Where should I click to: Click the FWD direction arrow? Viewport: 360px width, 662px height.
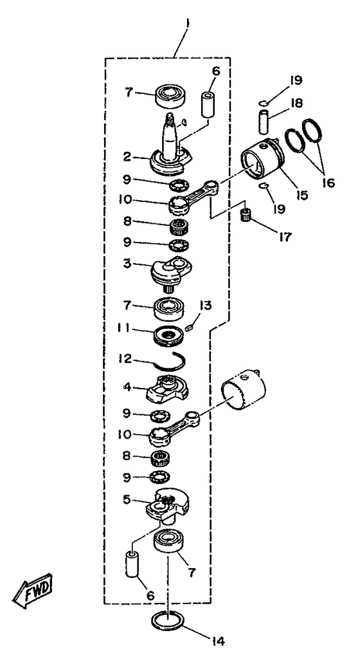pos(33,590)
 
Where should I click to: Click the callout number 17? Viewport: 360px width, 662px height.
pos(284,237)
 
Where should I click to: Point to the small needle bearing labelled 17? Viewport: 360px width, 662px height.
pos(246,214)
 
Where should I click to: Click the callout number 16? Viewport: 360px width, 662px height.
pos(328,183)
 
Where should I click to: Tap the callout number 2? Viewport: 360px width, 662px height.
pos(127,157)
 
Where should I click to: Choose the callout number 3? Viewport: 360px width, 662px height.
pos(127,264)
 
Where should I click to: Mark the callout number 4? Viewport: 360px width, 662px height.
pos(127,387)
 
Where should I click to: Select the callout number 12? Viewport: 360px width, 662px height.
pos(126,359)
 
